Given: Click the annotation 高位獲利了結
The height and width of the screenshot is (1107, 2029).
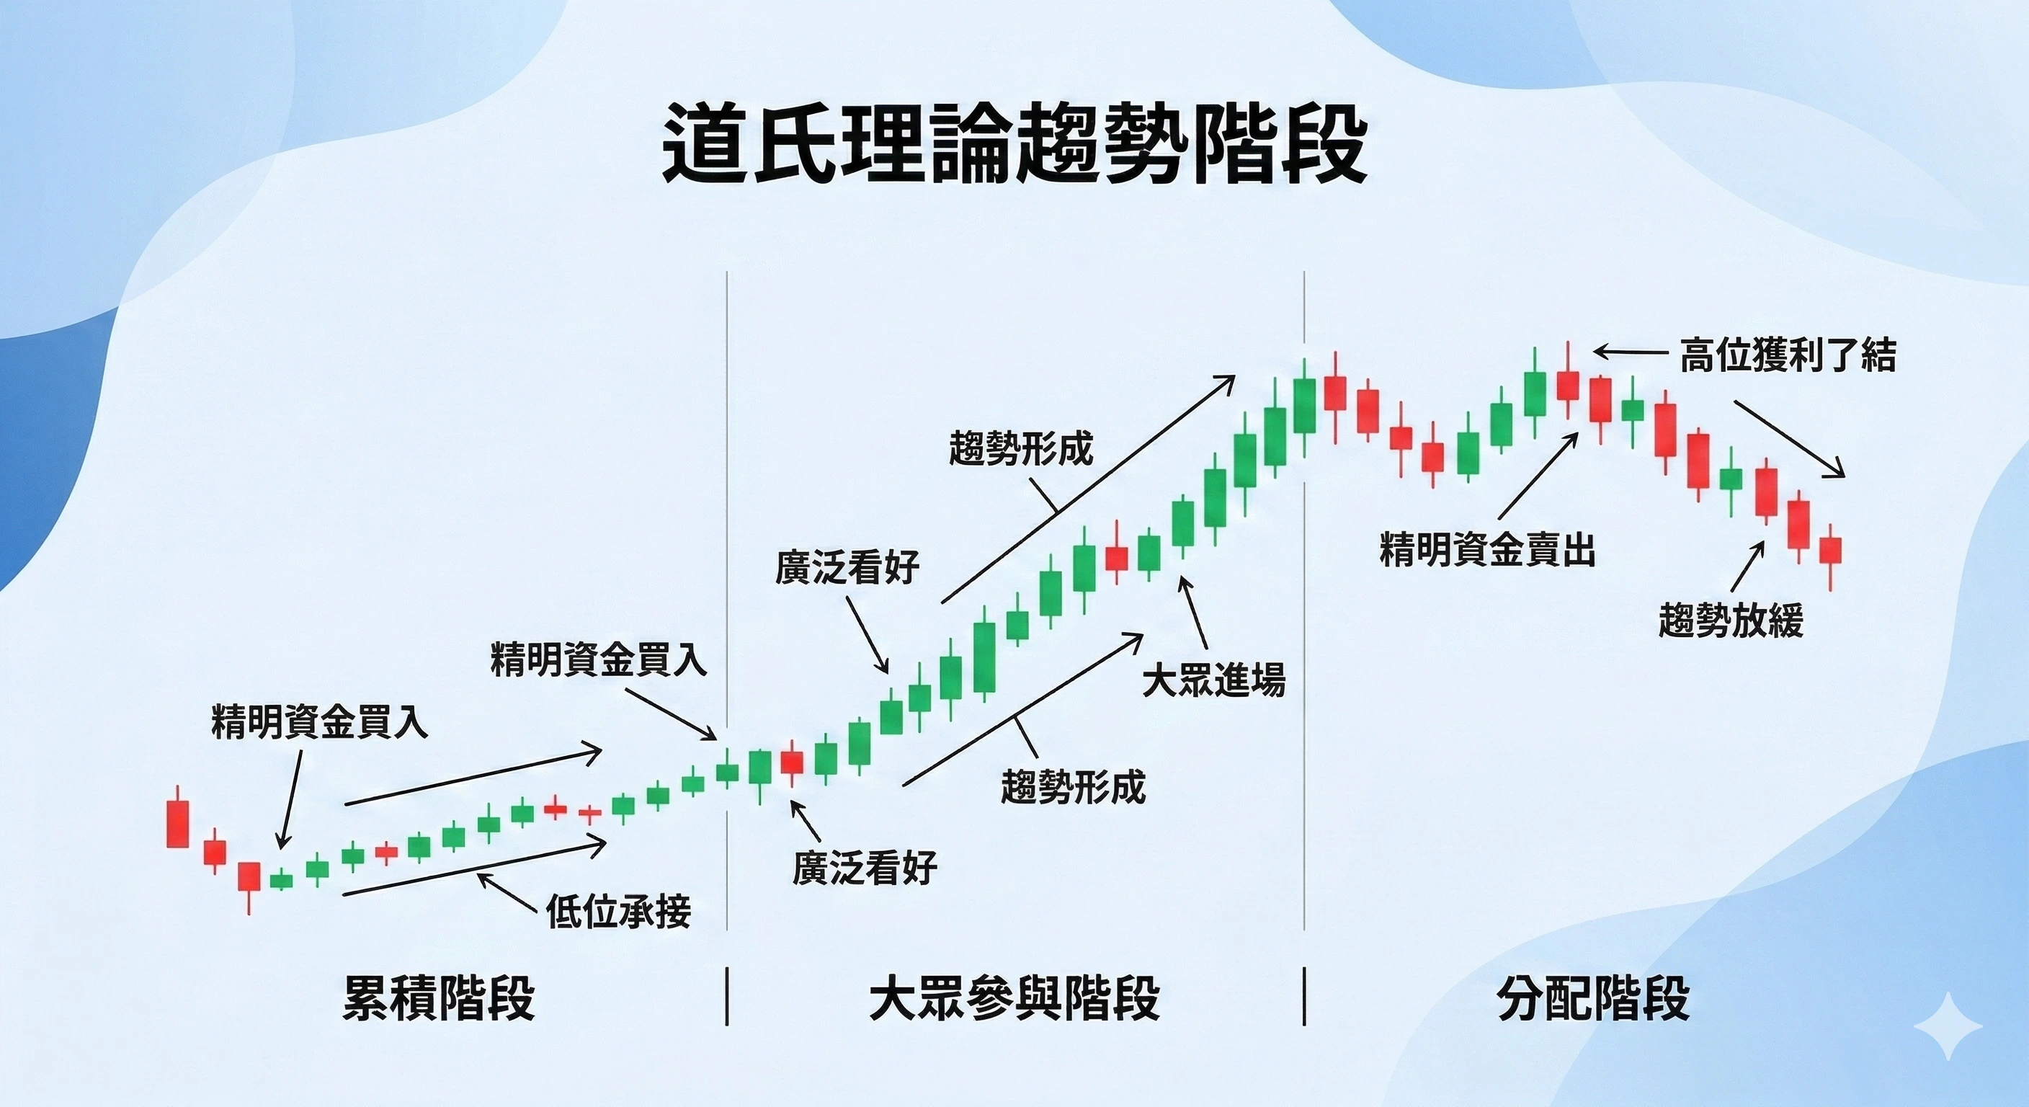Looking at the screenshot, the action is pos(1788,355).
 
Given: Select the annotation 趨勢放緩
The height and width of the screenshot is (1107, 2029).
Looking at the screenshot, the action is pos(1731,619).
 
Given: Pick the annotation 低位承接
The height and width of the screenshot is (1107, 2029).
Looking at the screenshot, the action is pos(618,911).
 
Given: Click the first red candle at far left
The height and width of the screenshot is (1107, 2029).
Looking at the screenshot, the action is pos(178,822).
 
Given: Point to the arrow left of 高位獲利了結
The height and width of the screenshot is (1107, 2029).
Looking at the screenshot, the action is pos(1629,352).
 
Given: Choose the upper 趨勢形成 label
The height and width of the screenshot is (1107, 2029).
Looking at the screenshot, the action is pos(1021,448).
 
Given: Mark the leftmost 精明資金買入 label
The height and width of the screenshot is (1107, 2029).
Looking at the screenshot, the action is pos(320,721).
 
